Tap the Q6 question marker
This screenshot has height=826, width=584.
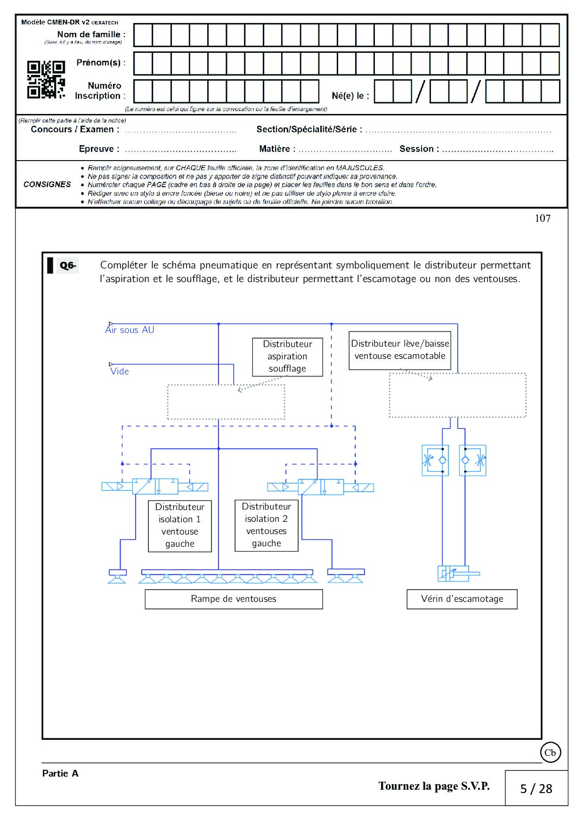point(67,265)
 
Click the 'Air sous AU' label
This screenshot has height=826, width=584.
point(130,330)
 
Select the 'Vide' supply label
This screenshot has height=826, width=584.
point(120,371)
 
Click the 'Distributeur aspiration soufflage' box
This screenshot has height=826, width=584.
point(287,356)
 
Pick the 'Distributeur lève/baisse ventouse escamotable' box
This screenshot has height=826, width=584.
point(400,350)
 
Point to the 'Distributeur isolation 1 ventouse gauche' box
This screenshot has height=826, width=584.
point(180,526)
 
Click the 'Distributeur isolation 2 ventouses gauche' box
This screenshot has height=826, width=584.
point(267,525)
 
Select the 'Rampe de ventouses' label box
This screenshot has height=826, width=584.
point(234,599)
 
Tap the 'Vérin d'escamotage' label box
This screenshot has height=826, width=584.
point(462,599)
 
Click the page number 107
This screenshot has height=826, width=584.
point(543,219)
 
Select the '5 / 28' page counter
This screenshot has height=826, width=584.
point(536,789)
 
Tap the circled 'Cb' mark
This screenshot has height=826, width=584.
point(550,753)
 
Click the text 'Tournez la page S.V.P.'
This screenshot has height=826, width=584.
point(434,786)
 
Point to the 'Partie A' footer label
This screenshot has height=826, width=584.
point(60,773)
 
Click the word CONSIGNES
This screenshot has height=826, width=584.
point(47,185)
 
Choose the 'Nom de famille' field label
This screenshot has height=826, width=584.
point(91,34)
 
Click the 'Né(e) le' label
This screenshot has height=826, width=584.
point(350,96)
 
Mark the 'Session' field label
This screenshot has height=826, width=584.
point(419,149)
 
